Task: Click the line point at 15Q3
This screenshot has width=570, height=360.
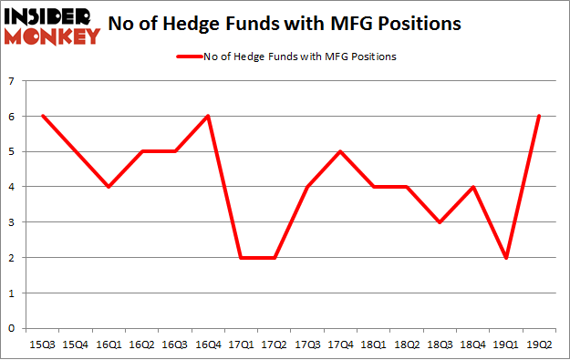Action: point(43,117)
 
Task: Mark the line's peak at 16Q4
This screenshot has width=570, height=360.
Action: point(207,117)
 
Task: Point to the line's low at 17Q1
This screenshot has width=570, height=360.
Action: point(240,258)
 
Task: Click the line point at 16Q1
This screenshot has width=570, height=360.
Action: point(109,187)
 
